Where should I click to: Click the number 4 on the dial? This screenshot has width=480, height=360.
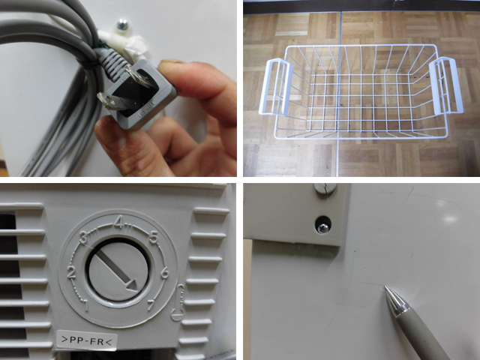[x=119, y=223]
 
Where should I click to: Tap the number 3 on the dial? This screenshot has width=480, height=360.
[x=83, y=238]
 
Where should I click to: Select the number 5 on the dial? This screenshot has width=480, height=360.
[x=154, y=238]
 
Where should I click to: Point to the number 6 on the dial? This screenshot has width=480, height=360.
[x=164, y=272]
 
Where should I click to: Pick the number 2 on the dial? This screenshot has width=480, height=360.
[x=71, y=272]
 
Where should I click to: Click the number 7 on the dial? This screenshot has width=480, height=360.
[x=151, y=305]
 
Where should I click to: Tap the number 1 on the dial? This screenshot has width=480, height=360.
[x=86, y=306]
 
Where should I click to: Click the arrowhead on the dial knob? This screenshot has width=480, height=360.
[x=132, y=286]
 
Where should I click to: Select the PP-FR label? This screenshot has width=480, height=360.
[x=87, y=340]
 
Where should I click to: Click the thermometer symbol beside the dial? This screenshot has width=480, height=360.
[x=178, y=303]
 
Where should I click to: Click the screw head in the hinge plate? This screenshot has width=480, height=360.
[x=323, y=227]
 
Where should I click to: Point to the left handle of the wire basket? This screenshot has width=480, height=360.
[x=276, y=87]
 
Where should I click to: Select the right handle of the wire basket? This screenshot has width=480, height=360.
[x=446, y=85]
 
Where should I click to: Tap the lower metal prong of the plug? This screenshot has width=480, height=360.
[x=111, y=102]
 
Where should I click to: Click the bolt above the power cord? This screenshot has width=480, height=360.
[x=123, y=25]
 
